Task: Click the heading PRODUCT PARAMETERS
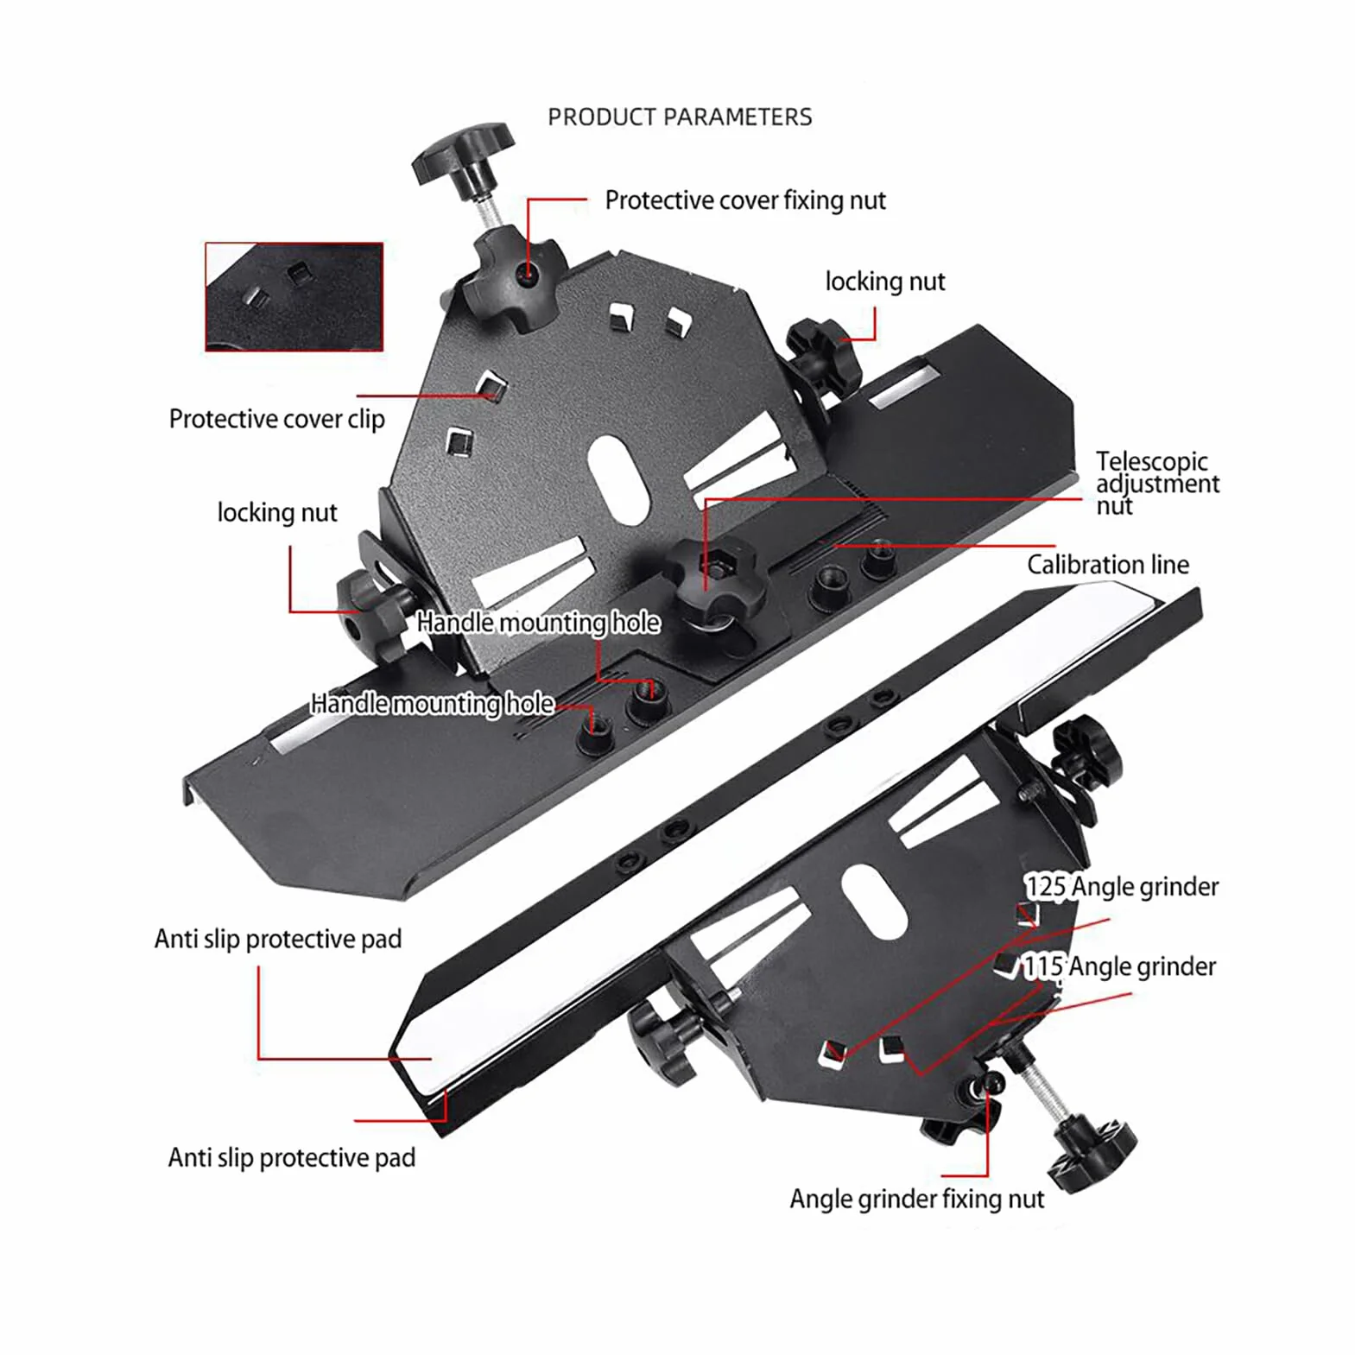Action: [680, 117]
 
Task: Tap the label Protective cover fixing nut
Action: [744, 200]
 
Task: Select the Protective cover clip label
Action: [276, 419]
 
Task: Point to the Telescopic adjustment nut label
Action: [1157, 483]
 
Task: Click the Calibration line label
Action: [1108, 565]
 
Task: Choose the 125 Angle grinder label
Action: [1122, 887]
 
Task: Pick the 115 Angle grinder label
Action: [1119, 966]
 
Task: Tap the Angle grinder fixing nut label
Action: [916, 1199]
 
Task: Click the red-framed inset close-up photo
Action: [294, 297]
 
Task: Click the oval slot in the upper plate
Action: [618, 478]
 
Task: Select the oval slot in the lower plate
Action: [873, 902]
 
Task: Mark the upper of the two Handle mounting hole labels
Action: [538, 623]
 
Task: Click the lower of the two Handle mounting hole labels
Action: [432, 704]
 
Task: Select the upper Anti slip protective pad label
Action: [278, 939]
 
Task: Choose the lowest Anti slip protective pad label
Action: [292, 1157]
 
